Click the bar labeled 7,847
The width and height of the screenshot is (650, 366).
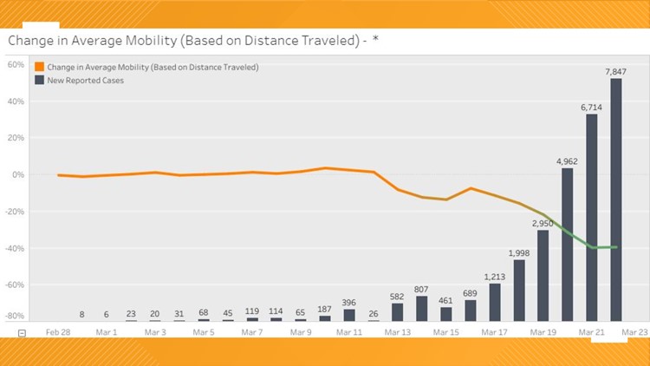click(x=616, y=199)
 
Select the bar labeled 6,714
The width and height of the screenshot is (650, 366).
click(x=592, y=218)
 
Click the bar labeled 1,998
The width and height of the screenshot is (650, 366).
click(x=519, y=291)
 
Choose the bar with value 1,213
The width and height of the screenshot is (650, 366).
click(x=495, y=303)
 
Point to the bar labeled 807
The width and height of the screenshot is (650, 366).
click(x=421, y=309)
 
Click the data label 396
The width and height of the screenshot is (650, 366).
click(x=348, y=302)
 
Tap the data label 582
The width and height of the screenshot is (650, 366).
click(x=397, y=296)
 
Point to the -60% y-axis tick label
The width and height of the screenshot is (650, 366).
click(x=15, y=284)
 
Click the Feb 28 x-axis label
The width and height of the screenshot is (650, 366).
click(x=58, y=331)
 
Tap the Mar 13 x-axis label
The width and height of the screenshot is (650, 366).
click(x=398, y=331)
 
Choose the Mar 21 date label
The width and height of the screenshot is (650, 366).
click(x=592, y=331)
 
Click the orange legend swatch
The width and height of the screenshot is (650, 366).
click(x=39, y=67)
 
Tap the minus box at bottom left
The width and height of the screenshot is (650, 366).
click(x=23, y=333)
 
